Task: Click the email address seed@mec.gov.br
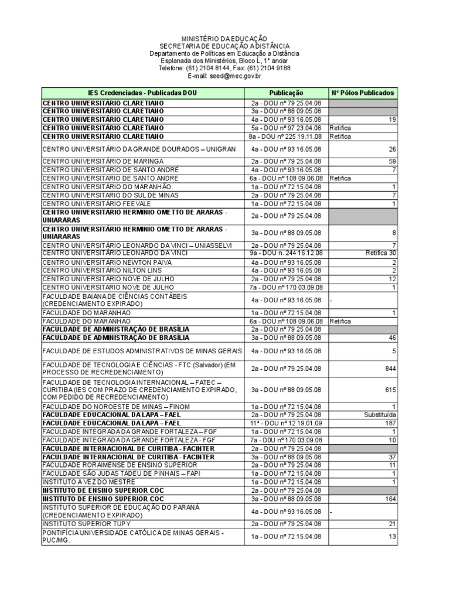click(224, 76)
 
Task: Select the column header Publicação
click(286, 93)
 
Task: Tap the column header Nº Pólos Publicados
click(363, 93)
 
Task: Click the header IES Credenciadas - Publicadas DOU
click(142, 93)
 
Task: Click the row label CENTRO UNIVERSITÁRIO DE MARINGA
click(103, 161)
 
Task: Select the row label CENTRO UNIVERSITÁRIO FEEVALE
click(100, 203)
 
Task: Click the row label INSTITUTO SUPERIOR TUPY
click(87, 523)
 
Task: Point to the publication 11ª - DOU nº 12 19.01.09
click(286, 423)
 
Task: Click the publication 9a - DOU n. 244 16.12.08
click(286, 253)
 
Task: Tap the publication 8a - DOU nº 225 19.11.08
click(286, 137)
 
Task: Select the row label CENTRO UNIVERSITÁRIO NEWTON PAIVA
click(107, 262)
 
